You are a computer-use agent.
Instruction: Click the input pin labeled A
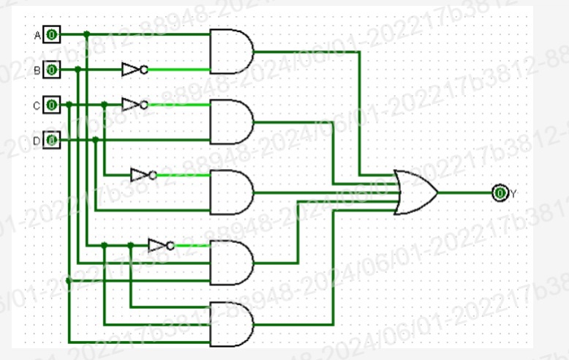pos(52,34)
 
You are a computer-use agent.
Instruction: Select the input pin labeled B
pos(52,70)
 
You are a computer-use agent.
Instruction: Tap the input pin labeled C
pos(52,105)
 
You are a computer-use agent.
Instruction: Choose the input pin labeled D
pos(52,139)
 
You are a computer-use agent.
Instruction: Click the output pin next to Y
pos(500,193)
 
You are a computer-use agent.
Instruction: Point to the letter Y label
pos(513,194)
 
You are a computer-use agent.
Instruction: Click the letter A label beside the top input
pos(37,35)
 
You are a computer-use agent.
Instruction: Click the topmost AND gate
pos(230,52)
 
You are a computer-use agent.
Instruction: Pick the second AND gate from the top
pos(230,122)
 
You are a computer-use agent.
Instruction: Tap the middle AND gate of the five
pos(230,192)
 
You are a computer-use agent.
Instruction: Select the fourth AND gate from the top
pos(230,263)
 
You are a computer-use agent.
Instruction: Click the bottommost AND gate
pos(230,324)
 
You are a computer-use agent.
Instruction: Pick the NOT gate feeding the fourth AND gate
pos(159,245)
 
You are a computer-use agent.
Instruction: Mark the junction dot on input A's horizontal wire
pos(87,34)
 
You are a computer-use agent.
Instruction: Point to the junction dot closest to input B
pos(78,70)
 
